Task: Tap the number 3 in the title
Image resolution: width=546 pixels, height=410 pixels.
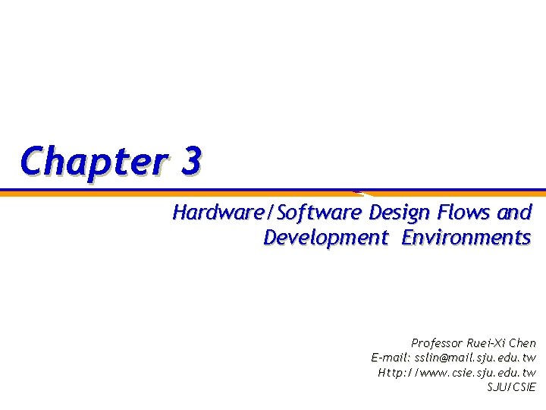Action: pos(192,161)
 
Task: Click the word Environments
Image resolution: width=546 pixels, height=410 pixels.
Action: pos(466,238)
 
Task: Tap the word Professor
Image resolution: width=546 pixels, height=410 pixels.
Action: pos(438,343)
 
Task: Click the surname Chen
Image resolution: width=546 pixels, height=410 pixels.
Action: pos(522,343)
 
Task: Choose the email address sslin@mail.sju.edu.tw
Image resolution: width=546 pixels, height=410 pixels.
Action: pos(475,358)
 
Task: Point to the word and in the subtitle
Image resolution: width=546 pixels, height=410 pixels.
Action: pos(515,212)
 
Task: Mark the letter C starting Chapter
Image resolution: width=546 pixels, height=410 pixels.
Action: pos(32,161)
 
